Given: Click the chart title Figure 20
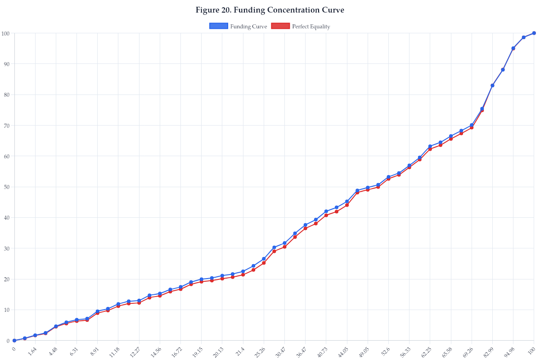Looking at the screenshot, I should coord(270,10).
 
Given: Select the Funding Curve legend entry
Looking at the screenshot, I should coord(238,27).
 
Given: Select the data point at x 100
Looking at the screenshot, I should coord(534,33).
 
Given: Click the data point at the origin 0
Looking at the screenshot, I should coord(14,341).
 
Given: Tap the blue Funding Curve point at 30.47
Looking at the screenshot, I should coord(284,243).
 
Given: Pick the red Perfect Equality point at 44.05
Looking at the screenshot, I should coord(347,205).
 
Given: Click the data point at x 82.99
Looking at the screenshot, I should coord(492,85).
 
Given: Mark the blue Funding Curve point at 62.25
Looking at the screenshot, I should coord(430,146).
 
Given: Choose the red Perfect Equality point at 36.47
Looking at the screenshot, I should coord(305,228).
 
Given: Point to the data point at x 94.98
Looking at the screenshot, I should coord(513,48).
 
